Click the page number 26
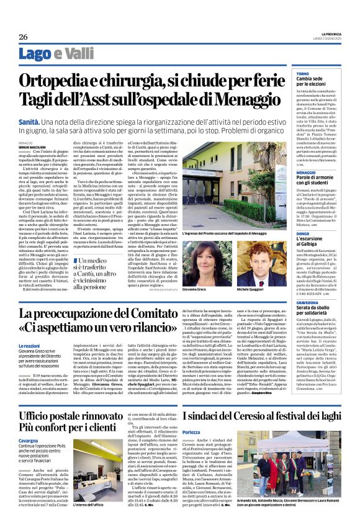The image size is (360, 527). (x=24, y=37)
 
